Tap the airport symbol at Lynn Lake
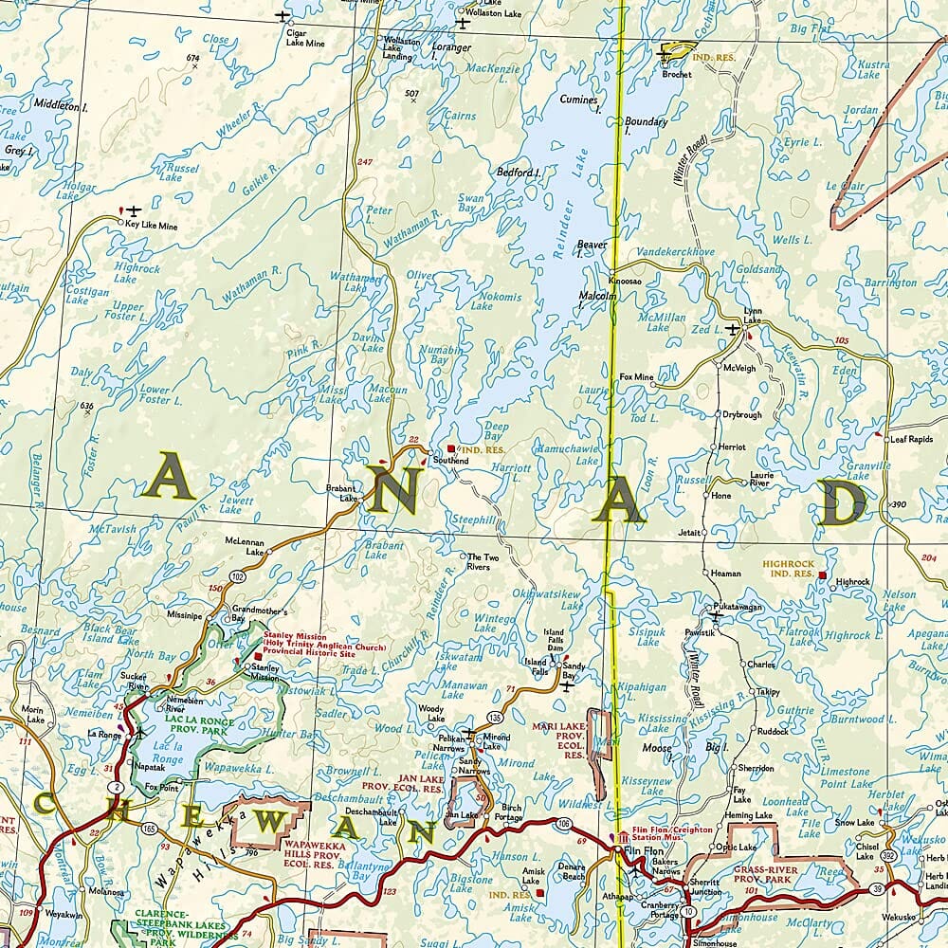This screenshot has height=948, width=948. click(732, 329)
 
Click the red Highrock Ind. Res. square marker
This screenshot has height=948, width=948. click(822, 575)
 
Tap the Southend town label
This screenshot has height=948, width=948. click(450, 461)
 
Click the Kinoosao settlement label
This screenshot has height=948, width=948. click(625, 283)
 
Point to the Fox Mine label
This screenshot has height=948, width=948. click(636, 376)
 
